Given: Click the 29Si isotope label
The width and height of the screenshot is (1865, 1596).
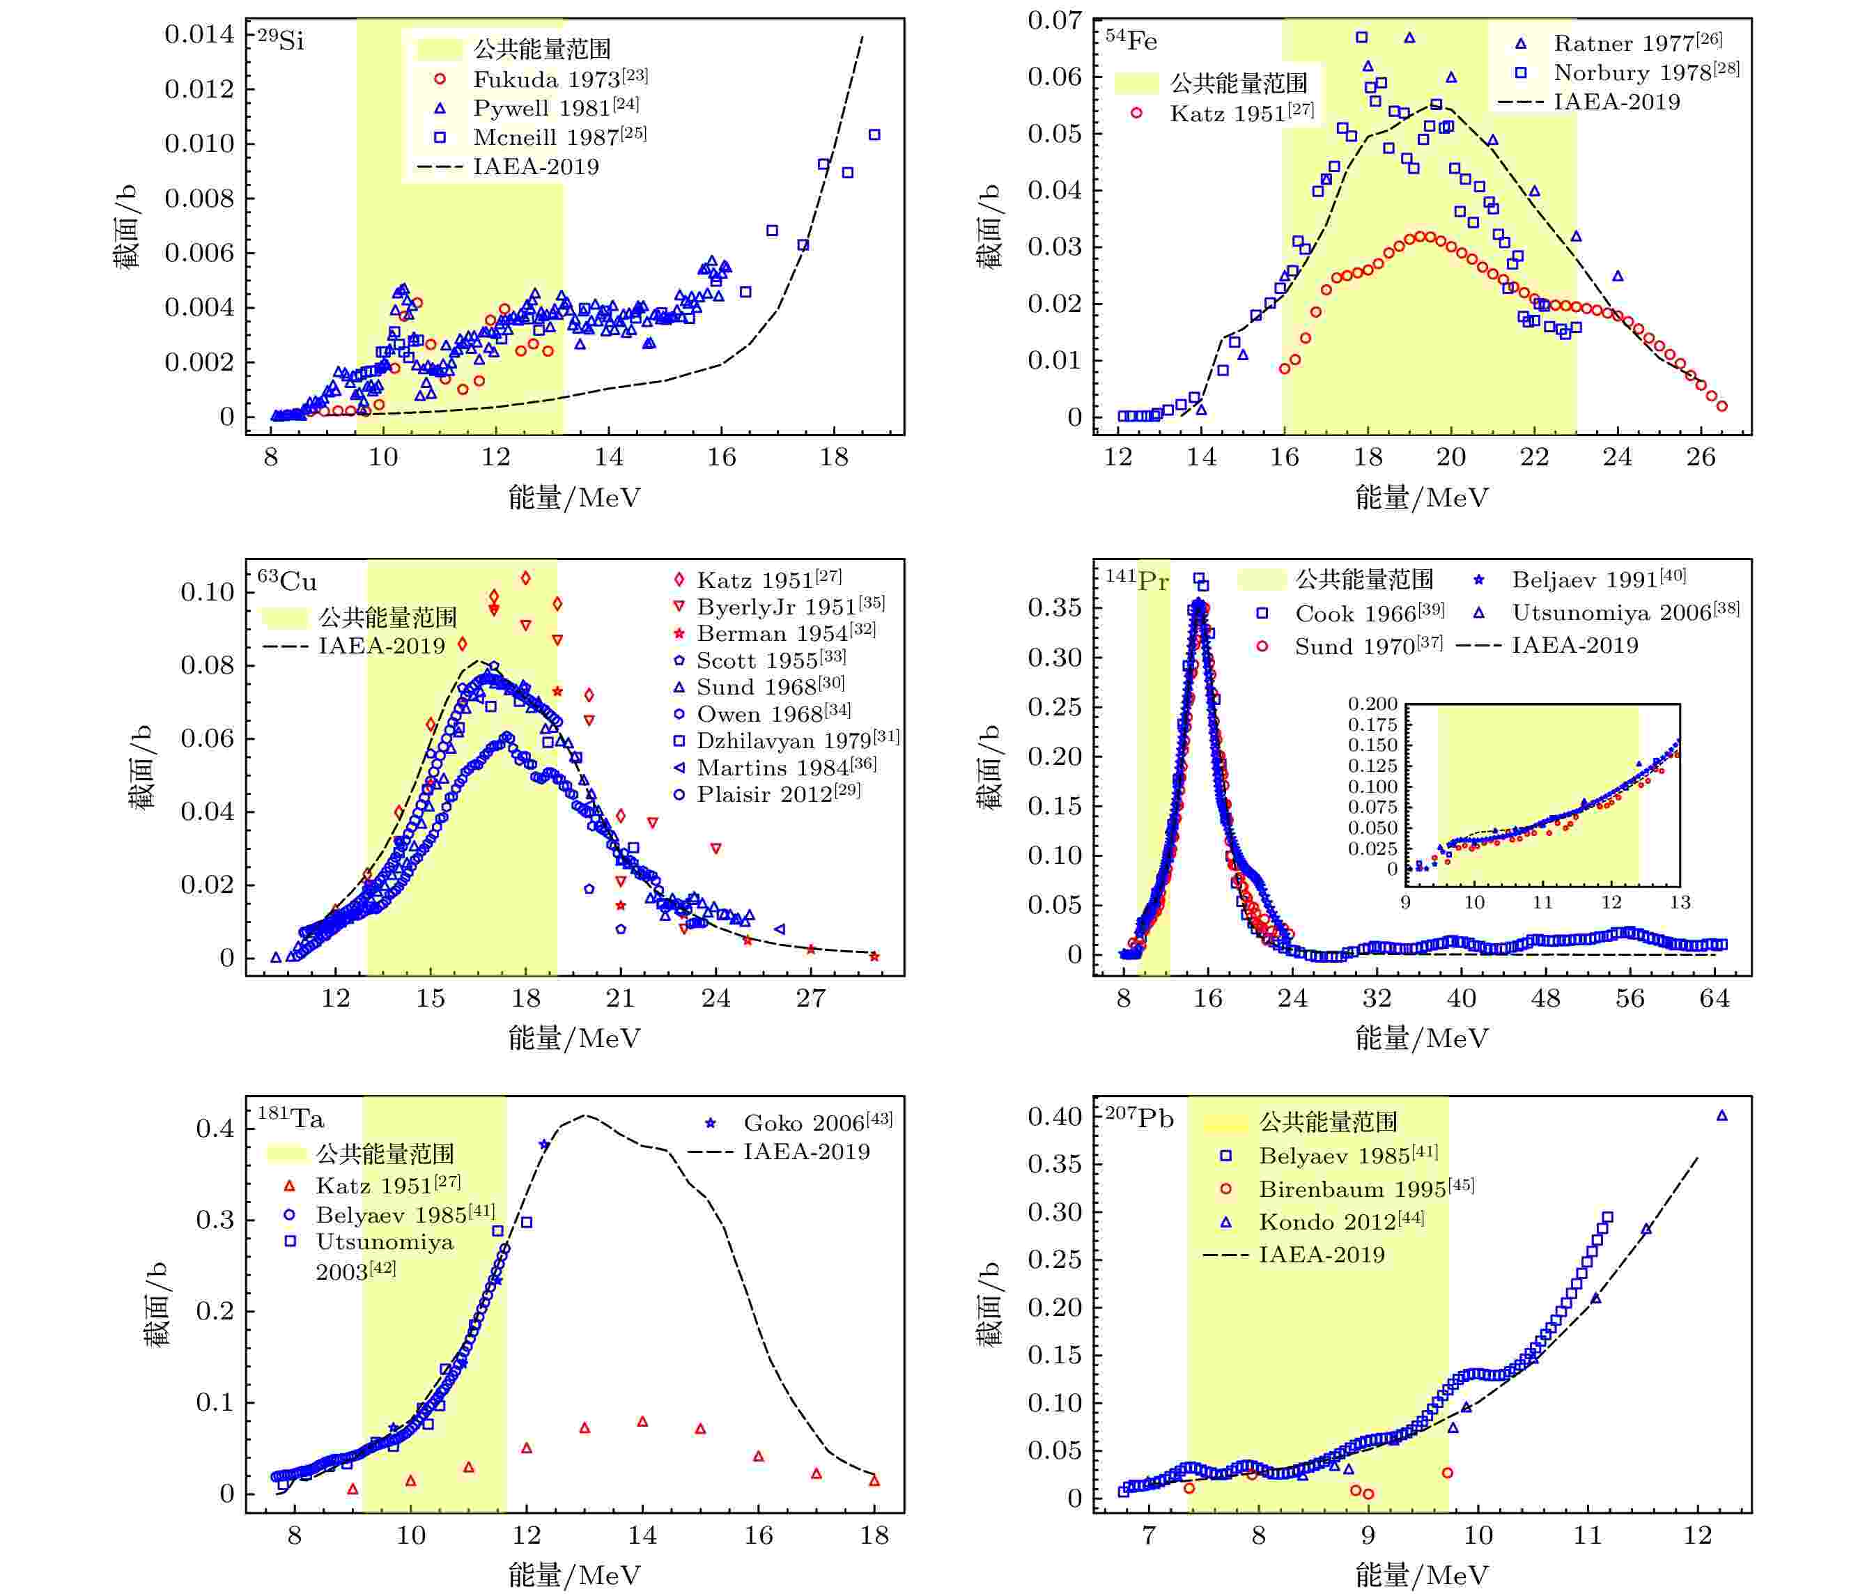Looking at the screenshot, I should pyautogui.click(x=281, y=40).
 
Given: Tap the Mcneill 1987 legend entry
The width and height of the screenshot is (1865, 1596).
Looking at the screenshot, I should pyautogui.click(x=559, y=137).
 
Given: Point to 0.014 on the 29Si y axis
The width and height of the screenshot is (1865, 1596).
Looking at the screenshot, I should pyautogui.click(x=199, y=34).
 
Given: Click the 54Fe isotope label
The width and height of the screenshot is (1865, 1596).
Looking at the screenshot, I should pyautogui.click(x=1131, y=40).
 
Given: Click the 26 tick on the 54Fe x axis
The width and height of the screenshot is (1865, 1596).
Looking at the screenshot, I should pyautogui.click(x=1701, y=457).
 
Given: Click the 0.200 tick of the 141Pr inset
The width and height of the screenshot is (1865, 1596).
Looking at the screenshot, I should pyautogui.click(x=1372, y=704).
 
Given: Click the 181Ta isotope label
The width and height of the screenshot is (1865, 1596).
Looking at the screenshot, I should pyautogui.click(x=291, y=1119).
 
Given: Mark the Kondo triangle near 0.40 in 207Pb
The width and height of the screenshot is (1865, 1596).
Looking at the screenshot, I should pyautogui.click(x=1722, y=1116).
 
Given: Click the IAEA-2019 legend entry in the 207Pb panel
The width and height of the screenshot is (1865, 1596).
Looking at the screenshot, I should pyautogui.click(x=1322, y=1254).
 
